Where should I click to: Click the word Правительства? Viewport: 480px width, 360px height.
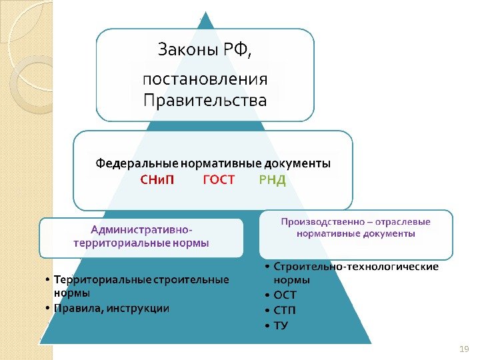point(205,101)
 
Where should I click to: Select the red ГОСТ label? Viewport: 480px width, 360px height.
point(219,181)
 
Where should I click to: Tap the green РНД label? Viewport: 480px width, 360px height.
point(272,181)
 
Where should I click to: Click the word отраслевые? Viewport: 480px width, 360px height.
point(403,221)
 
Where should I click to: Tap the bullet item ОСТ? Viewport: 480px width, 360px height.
point(285,295)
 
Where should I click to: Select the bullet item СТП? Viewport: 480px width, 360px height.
point(285,310)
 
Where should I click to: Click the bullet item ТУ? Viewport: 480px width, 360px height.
point(281,325)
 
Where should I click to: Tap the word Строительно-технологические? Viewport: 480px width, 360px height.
point(356,267)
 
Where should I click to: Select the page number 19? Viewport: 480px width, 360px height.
point(465,349)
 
